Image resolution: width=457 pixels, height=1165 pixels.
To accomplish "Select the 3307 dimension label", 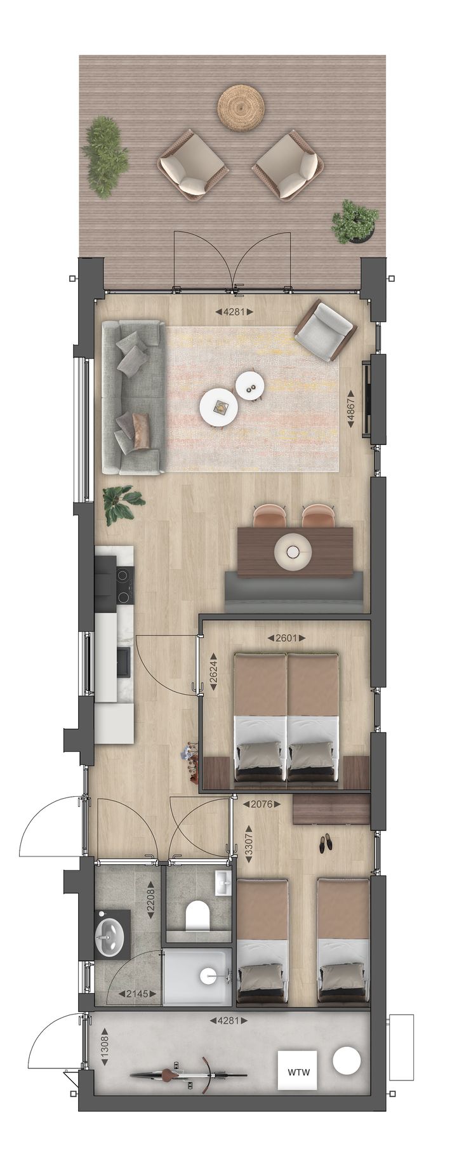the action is [x=249, y=844].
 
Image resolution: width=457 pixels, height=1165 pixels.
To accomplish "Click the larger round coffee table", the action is [x=219, y=408].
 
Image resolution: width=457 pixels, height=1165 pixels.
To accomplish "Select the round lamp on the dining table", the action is [x=293, y=553].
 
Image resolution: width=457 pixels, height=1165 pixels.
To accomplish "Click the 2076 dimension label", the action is [x=262, y=804].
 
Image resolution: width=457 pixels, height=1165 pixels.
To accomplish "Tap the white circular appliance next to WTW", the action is [x=347, y=1073].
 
